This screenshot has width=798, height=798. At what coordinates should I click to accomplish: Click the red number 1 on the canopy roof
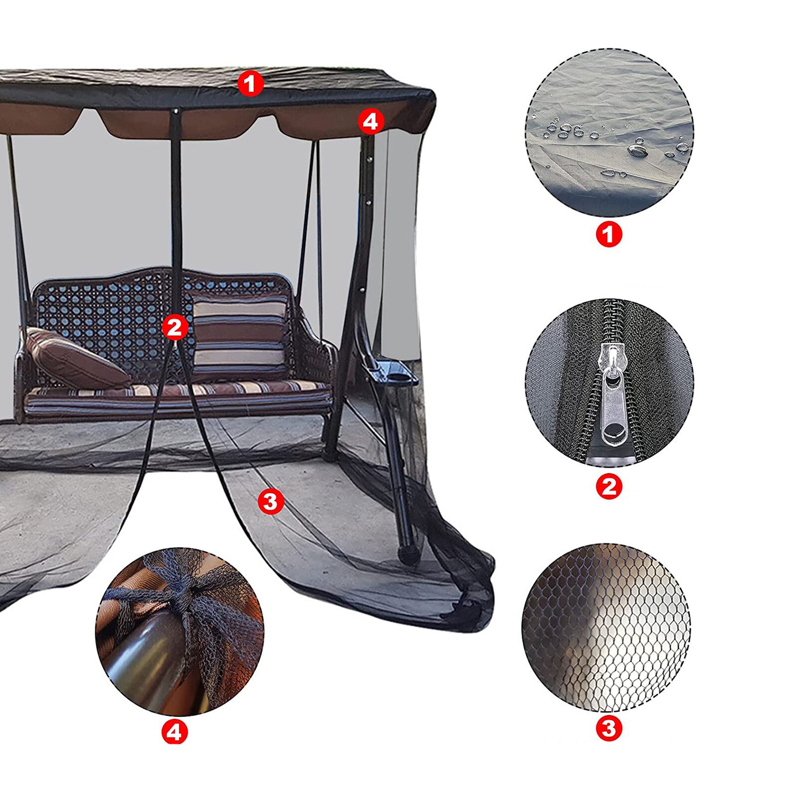(250, 83)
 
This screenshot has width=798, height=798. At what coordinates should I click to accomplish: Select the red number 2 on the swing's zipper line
(175, 327)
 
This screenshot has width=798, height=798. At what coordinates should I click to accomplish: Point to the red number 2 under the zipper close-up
(609, 486)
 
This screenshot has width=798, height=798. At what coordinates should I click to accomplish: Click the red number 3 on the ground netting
(270, 501)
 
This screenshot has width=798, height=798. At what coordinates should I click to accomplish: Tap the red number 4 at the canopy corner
(371, 121)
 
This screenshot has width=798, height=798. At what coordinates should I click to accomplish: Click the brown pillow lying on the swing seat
(75, 358)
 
